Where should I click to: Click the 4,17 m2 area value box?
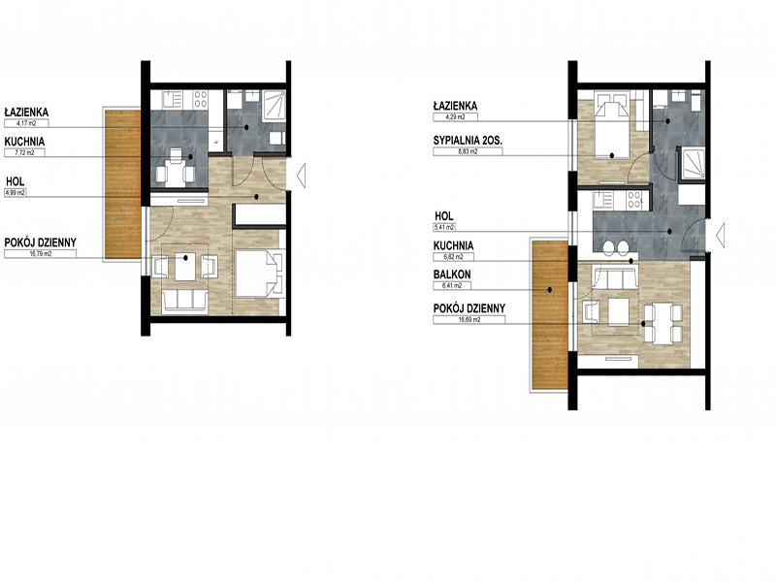(x=26, y=123)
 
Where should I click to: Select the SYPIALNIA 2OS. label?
(x=468, y=141)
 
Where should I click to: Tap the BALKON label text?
(x=452, y=275)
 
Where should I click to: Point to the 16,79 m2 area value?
(x=40, y=254)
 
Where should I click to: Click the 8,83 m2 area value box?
(x=468, y=152)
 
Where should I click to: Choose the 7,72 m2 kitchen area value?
(x=24, y=153)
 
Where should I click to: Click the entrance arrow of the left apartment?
(x=301, y=176)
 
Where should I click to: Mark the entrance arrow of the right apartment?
(x=721, y=235)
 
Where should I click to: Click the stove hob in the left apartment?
(x=201, y=99)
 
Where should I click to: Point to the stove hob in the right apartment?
(x=634, y=200)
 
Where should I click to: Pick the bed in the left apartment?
(x=259, y=274)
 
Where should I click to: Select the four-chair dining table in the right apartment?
(x=663, y=324)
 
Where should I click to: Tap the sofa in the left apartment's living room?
(x=184, y=302)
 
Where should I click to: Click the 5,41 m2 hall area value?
(x=444, y=228)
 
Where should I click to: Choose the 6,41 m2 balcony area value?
(x=452, y=285)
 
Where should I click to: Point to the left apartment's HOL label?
(x=16, y=181)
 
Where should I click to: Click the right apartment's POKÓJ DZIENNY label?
(x=469, y=308)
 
